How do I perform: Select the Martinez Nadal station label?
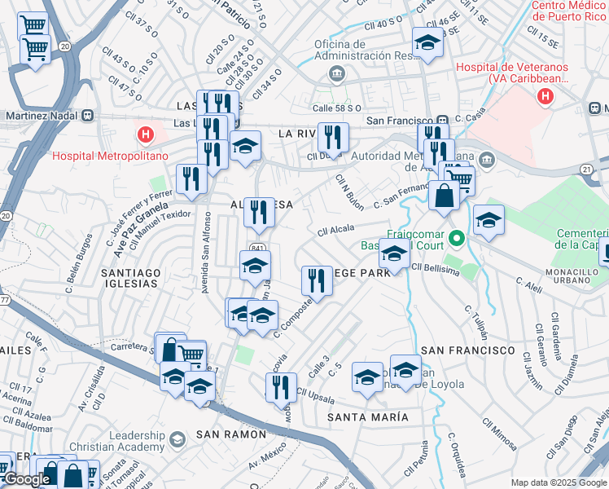38,116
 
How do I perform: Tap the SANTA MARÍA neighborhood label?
367,416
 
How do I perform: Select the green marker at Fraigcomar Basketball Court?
458,239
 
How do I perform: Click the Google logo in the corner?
27,479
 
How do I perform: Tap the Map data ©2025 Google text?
559,482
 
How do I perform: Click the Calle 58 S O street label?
337,108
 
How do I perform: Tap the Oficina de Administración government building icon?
336,76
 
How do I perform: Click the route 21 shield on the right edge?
585,168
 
